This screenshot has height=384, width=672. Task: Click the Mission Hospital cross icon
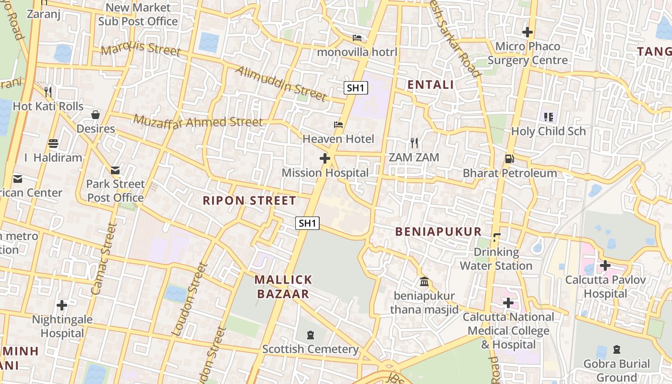325,158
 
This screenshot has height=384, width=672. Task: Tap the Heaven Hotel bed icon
338,125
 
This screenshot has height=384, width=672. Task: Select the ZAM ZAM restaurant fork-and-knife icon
414,143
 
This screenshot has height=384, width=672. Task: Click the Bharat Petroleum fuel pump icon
509,158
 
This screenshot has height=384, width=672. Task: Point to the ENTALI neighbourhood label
430,85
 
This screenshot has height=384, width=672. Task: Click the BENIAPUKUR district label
438,231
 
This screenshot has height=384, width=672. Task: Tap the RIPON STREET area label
249,201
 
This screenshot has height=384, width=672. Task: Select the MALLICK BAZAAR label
283,287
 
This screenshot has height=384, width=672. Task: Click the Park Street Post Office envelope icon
115,170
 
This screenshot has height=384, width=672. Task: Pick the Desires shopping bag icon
96,115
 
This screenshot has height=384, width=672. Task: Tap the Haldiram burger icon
53,144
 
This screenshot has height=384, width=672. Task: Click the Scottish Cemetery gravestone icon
310,335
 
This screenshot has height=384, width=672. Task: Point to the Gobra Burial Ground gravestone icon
616,349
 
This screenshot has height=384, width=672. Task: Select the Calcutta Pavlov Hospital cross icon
605,265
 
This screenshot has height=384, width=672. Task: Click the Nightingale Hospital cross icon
62,305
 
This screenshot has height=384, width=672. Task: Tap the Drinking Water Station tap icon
496,237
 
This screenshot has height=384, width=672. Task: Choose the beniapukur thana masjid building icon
424,281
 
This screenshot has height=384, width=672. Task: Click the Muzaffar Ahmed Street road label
198,122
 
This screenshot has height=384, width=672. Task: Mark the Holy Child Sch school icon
549,117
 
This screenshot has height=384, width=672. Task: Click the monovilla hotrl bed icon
357,37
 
